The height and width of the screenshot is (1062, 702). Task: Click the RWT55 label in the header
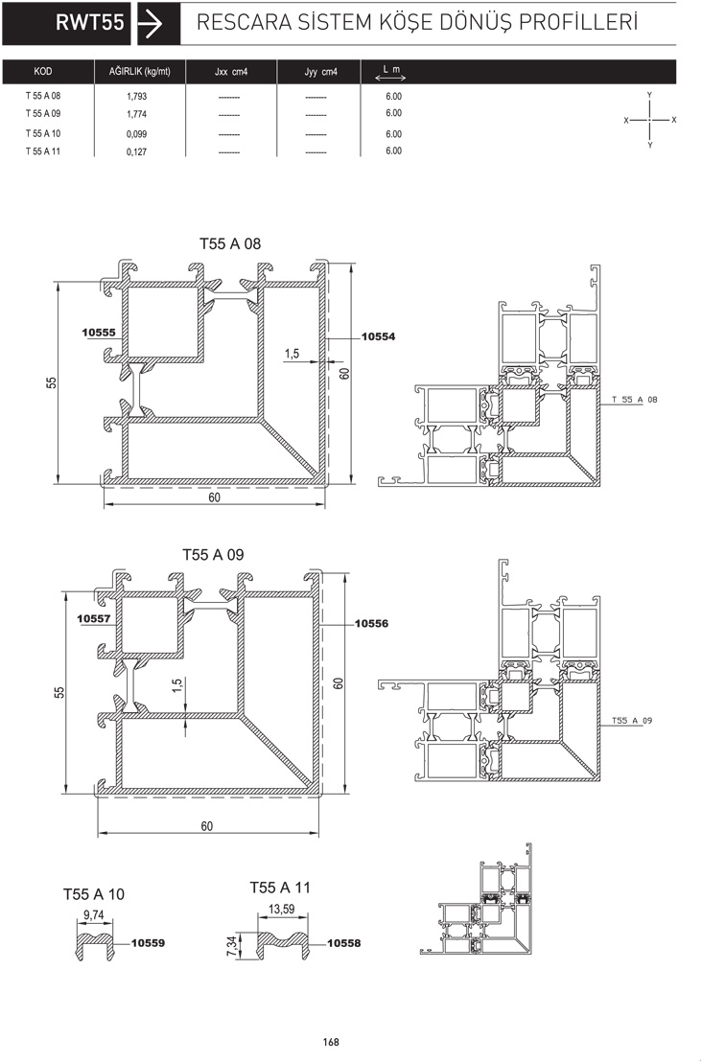(89, 22)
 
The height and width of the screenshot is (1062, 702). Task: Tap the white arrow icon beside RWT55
(150, 23)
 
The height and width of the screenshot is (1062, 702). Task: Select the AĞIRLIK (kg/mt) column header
(140, 71)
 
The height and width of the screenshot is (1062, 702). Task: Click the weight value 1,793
(136, 96)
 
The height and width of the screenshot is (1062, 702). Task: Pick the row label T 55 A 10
(43, 133)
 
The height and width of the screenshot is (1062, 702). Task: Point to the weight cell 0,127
(136, 151)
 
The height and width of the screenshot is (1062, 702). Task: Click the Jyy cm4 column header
(320, 71)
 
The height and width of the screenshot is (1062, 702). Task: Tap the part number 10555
(99, 333)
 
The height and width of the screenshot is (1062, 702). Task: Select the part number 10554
(378, 336)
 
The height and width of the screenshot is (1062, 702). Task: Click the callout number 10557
(94, 618)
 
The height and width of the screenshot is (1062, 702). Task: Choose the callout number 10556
(371, 624)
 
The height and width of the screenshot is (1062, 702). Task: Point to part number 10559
(148, 943)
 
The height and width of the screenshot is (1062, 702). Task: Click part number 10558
(343, 943)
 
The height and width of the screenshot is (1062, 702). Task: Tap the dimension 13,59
(282, 909)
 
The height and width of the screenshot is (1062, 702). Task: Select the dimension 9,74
(94, 915)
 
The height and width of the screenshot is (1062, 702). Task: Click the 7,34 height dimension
(232, 946)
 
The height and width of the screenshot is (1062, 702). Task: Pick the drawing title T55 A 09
(213, 555)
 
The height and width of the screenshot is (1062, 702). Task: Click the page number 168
(331, 1042)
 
